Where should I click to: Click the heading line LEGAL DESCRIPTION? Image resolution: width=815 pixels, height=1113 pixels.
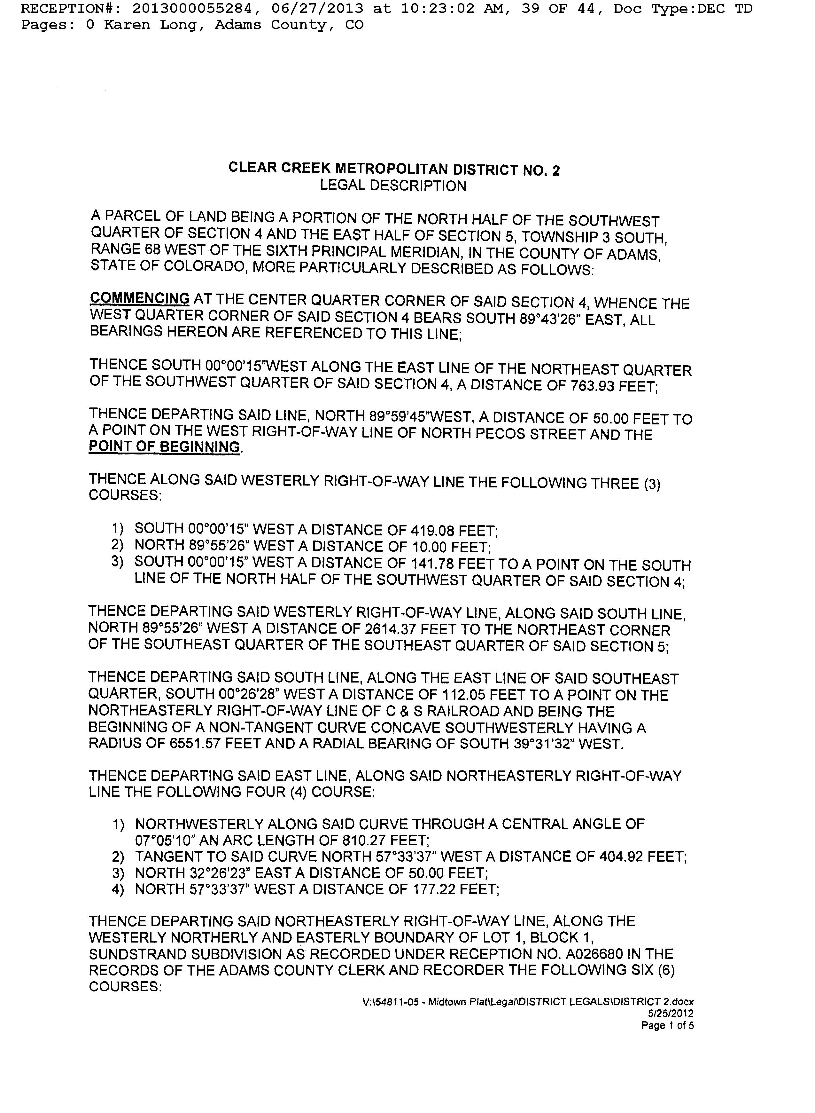tap(393, 186)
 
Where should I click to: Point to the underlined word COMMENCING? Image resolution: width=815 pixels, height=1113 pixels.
tap(140, 299)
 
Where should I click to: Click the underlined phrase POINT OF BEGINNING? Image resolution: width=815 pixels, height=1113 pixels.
tap(164, 447)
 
